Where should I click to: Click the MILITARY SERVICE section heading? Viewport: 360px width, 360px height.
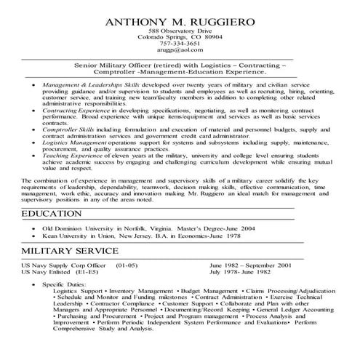coord(69,250)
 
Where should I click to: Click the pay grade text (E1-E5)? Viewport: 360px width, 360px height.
coord(90,273)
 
